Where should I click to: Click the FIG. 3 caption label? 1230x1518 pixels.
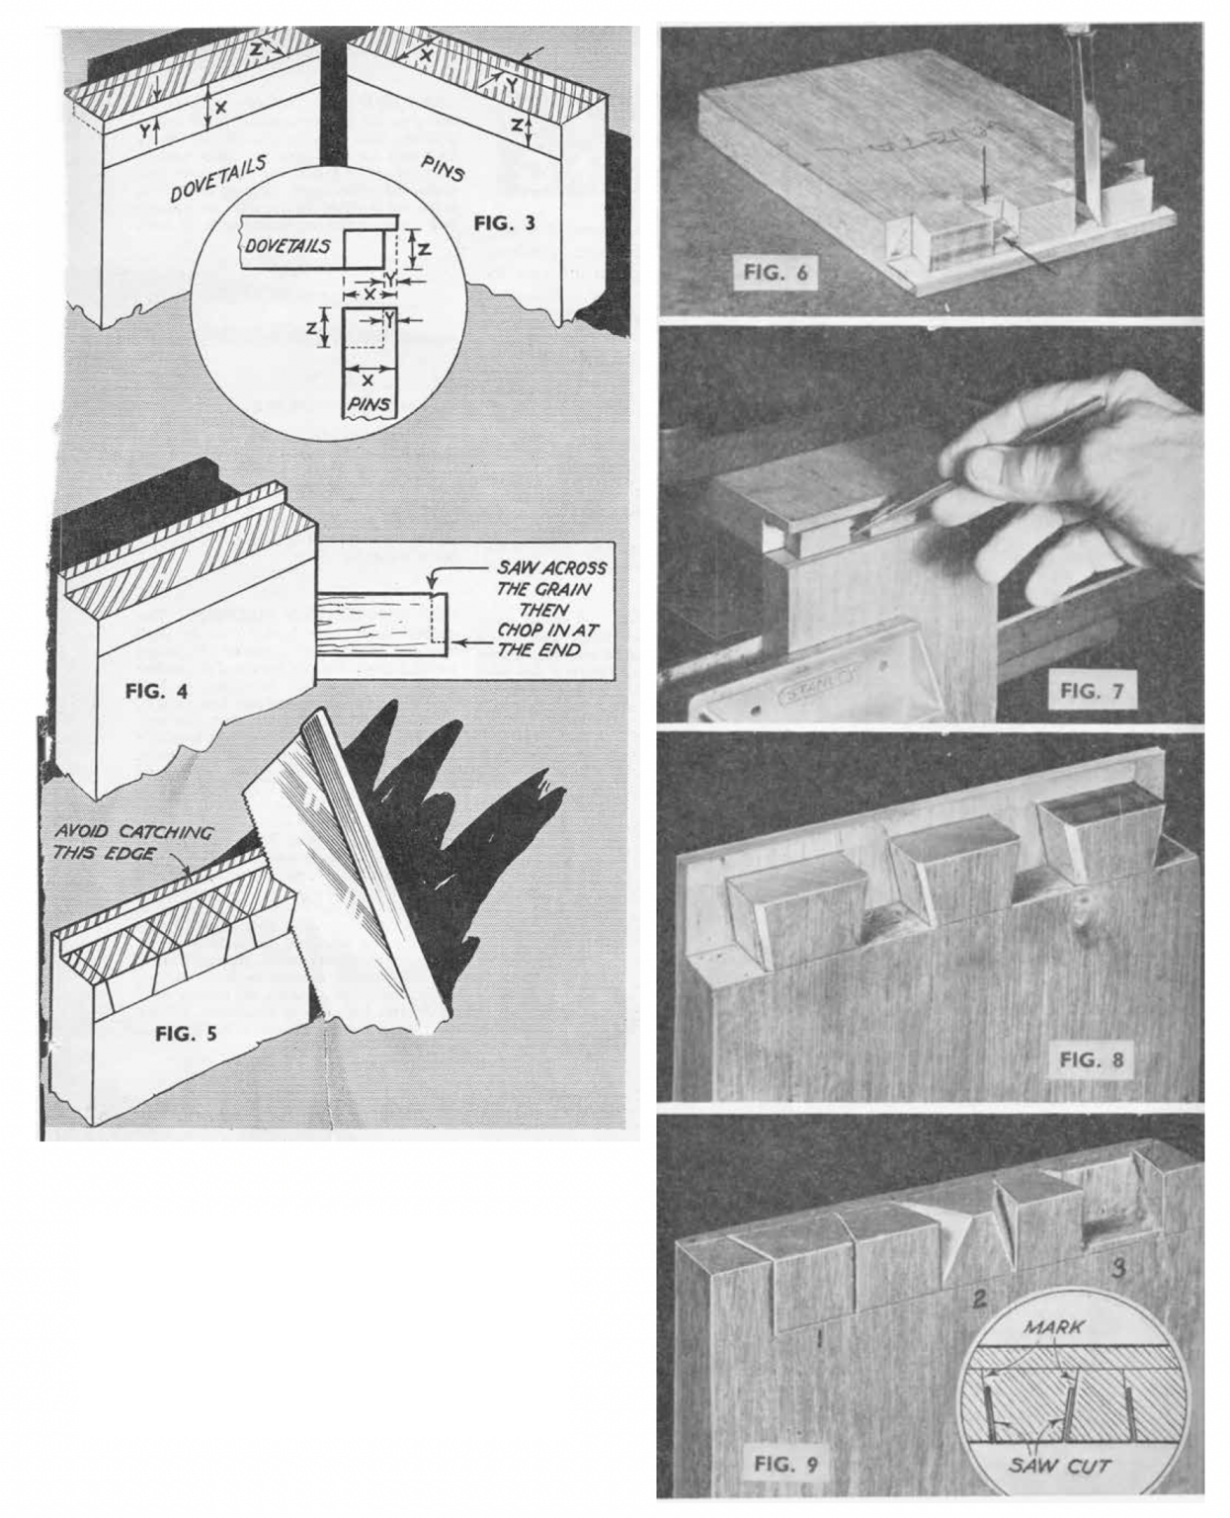coord(504,222)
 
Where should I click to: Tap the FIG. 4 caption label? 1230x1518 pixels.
coord(156,691)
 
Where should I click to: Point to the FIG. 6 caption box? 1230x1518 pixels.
coord(775,272)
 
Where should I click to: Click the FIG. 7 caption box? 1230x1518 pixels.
coord(1092,690)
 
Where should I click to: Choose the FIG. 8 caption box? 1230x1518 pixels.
coord(1092,1059)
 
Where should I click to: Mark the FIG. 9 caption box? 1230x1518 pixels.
coord(785,1464)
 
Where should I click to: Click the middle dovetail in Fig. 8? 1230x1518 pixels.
coord(948,870)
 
